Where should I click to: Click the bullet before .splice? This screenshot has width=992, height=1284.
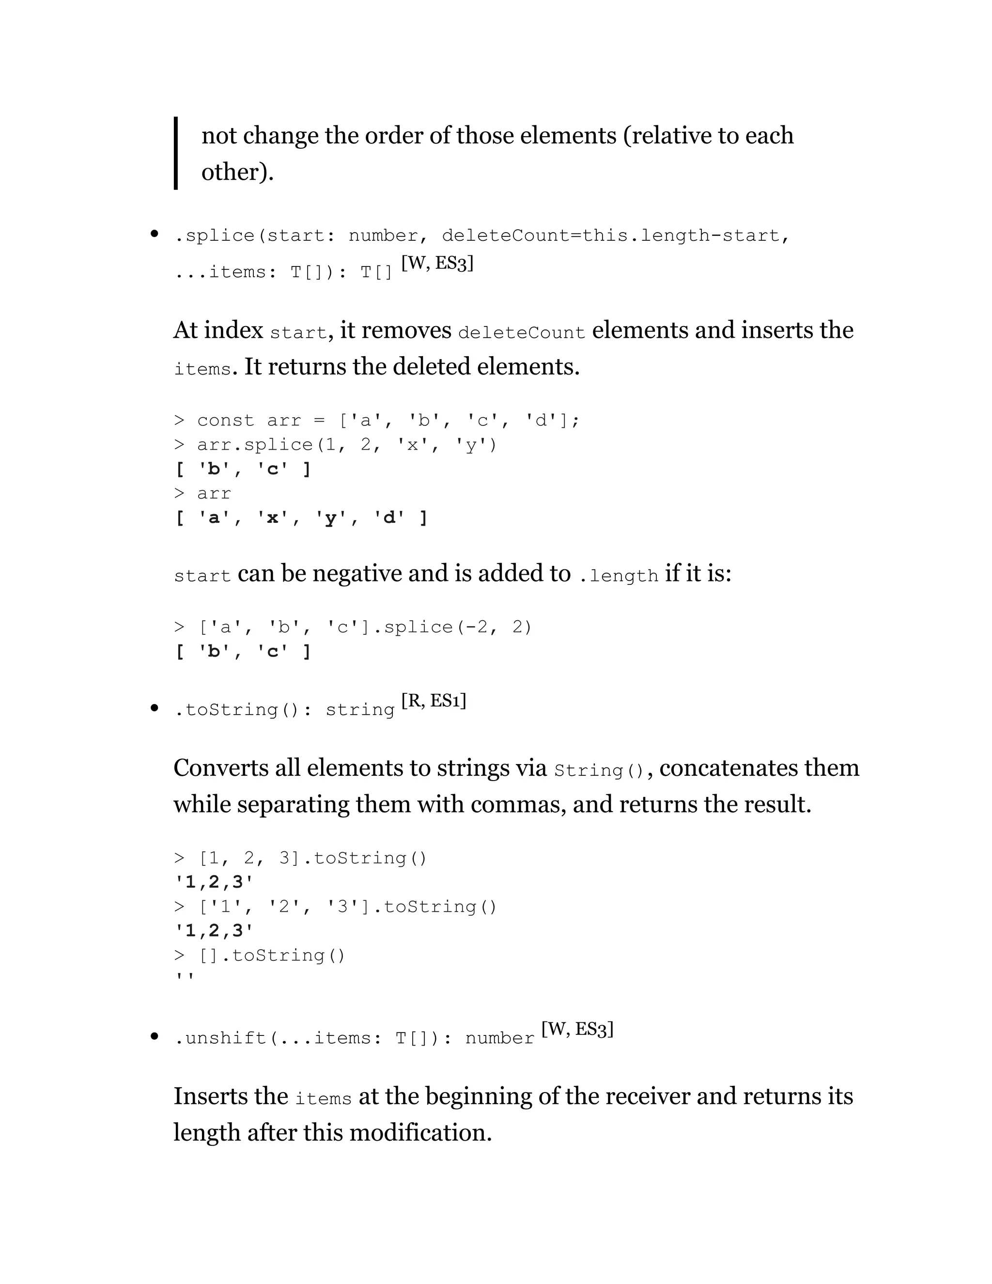click(x=155, y=235)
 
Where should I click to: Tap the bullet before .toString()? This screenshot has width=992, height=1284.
click(x=155, y=708)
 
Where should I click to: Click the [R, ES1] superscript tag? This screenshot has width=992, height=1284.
click(x=434, y=701)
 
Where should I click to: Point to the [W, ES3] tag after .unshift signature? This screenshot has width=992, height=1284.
click(x=577, y=1029)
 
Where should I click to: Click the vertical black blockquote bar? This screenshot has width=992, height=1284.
click(x=176, y=153)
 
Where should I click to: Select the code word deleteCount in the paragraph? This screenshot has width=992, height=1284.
click(x=521, y=333)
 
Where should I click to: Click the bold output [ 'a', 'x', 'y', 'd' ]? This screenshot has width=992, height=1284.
click(x=301, y=518)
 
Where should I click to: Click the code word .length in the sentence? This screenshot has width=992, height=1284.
click(x=618, y=576)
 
